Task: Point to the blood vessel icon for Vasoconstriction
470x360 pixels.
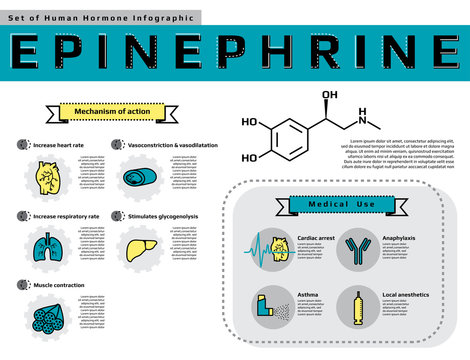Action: pos(140,178)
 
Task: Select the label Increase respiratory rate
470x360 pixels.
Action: pos(66,216)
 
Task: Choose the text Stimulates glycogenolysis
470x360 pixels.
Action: pos(162,216)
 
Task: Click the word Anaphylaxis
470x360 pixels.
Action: pos(400,237)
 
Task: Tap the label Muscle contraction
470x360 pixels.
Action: pos(59,285)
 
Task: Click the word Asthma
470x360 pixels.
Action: pos(308,295)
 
